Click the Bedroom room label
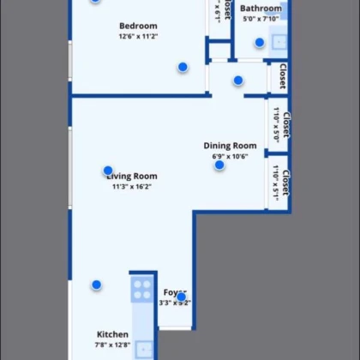point(139,26)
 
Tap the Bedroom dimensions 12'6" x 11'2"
point(139,36)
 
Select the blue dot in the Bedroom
point(183,67)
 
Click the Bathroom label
point(261,9)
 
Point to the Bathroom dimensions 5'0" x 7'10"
point(261,19)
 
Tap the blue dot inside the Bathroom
point(259,42)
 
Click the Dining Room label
point(230,146)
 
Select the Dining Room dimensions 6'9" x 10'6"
point(230,156)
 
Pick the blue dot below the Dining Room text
point(219,165)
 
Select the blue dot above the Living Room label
point(108,171)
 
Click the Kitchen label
point(112,334)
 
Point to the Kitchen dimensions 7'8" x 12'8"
point(112,345)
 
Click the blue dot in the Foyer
point(181,297)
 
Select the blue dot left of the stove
point(97,285)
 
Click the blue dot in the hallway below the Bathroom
point(238,81)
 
